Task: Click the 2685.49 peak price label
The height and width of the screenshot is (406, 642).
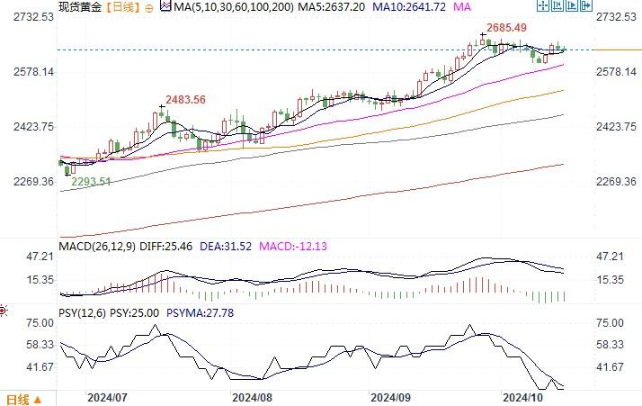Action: pos(507,27)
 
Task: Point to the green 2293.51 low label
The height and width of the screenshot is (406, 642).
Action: pos(92,181)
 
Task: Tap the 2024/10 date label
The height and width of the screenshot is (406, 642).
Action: pos(526,396)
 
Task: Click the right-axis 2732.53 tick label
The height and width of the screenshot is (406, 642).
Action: pos(616,17)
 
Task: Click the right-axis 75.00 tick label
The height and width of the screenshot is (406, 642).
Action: pos(611,323)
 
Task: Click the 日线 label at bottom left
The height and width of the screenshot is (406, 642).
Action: pos(18,399)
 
